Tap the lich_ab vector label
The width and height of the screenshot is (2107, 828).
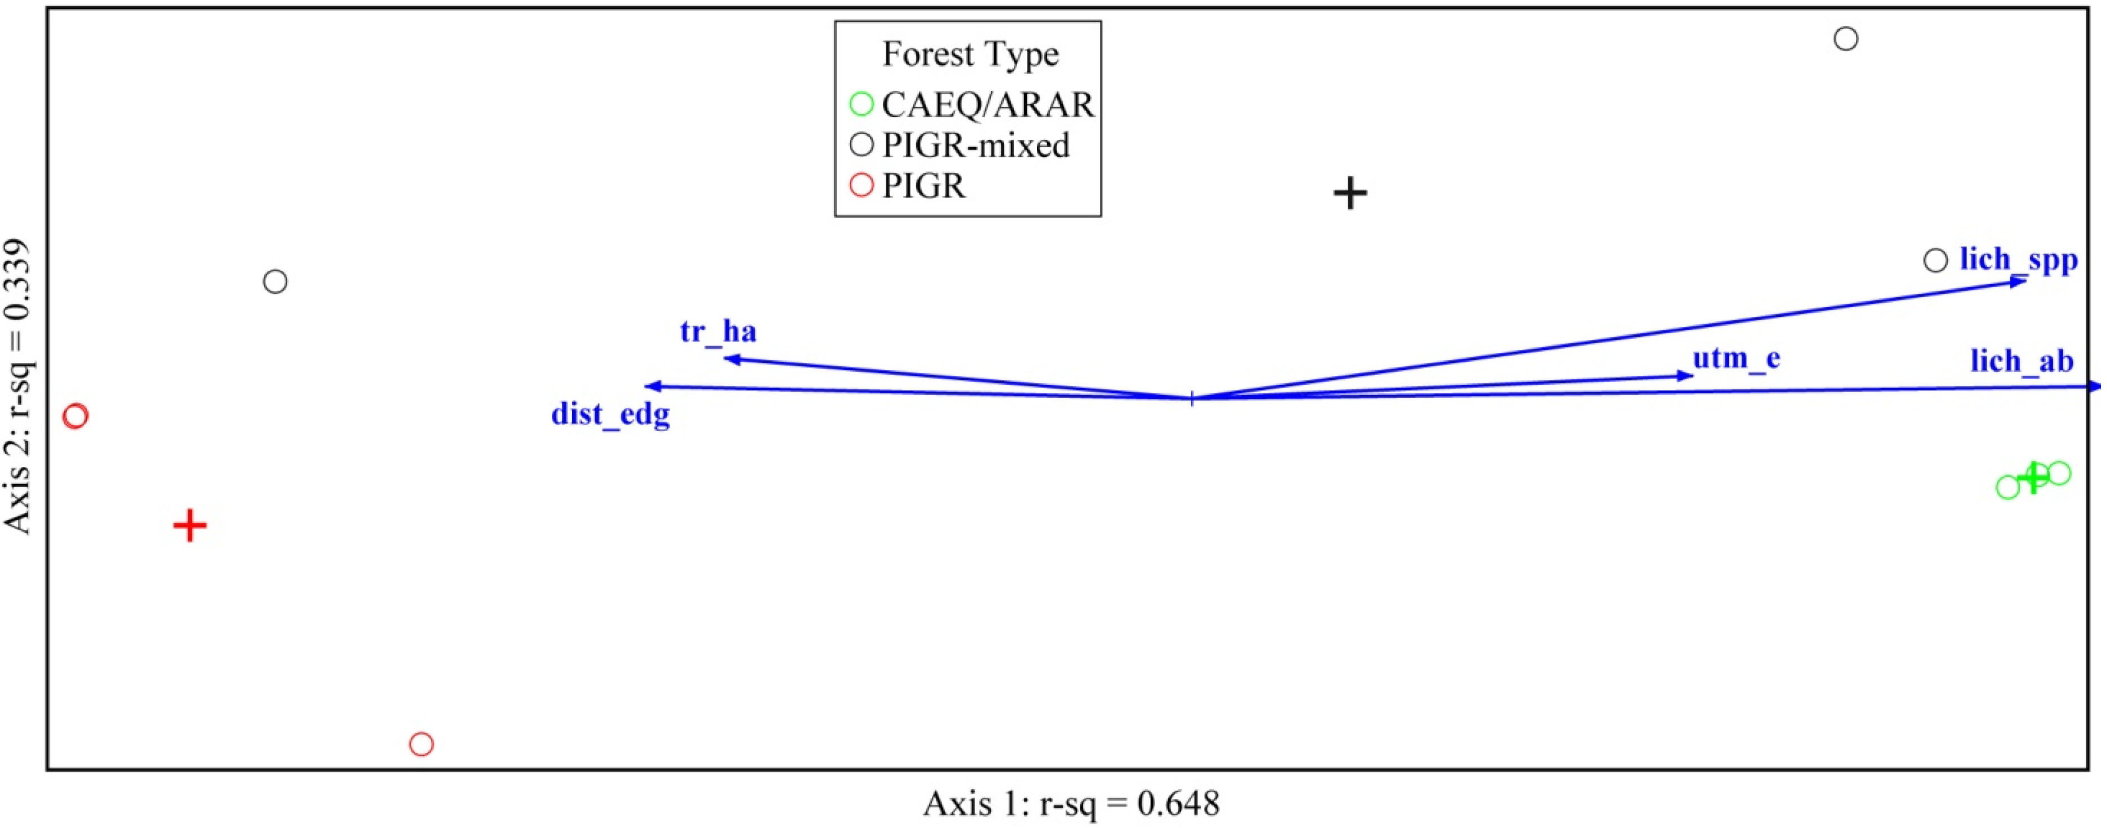[2022, 361]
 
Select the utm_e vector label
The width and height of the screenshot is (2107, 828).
[1737, 358]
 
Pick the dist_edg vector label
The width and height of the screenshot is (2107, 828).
[610, 415]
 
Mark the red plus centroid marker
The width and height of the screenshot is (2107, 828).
[190, 526]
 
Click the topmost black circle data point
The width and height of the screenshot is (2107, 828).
[1846, 38]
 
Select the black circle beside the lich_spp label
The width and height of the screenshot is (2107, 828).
[1935, 261]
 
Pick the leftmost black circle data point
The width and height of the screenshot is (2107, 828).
[275, 282]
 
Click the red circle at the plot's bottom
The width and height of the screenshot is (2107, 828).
[422, 744]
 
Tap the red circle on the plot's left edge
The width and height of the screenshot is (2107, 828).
[75, 416]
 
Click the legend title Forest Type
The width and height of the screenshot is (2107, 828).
[970, 54]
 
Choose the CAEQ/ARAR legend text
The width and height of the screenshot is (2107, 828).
[987, 104]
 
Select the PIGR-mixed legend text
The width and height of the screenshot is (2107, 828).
[976, 145]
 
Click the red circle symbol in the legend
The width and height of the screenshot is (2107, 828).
[861, 185]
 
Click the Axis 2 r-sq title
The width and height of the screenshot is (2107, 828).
[18, 386]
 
